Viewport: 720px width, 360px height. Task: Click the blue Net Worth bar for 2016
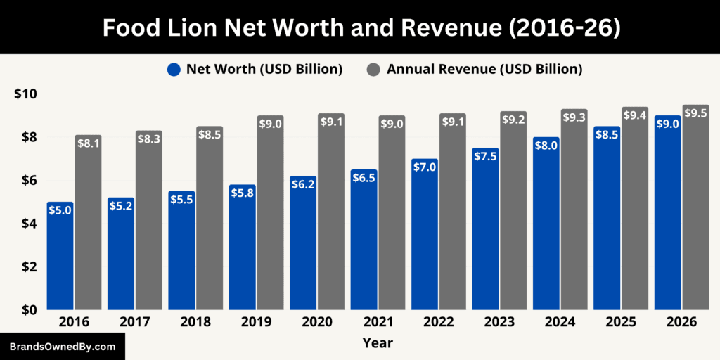pyautogui.click(x=60, y=257)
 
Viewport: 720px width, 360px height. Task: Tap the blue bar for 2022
pyautogui.click(x=424, y=236)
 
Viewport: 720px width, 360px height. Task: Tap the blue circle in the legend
pyautogui.click(x=174, y=69)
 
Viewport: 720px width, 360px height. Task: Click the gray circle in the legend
pyautogui.click(x=374, y=69)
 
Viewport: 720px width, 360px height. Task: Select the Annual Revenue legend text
pyautogui.click(x=484, y=69)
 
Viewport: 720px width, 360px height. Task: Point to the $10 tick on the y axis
pyautogui.click(x=25, y=94)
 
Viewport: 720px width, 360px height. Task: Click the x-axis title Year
pyautogui.click(x=378, y=343)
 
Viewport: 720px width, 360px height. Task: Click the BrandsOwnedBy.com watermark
pyautogui.click(x=63, y=347)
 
